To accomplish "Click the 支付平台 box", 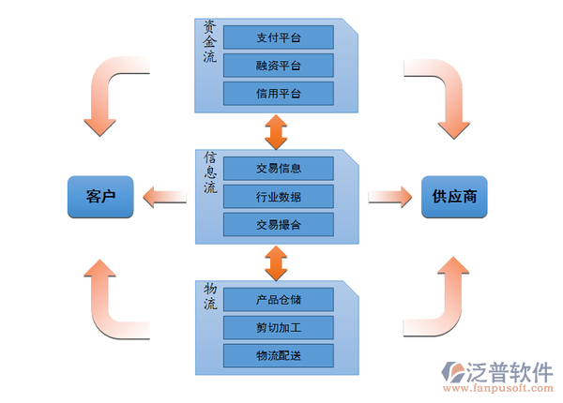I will tap(279, 37).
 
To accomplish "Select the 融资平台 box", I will tap(279, 66).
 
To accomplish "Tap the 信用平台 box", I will tap(279, 94).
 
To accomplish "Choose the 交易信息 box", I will tap(279, 169).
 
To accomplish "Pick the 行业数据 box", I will tap(279, 197).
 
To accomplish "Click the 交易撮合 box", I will tap(279, 225).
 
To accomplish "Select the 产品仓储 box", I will tap(279, 299).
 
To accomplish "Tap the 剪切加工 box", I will tap(279, 327).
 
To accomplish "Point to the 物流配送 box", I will tap(279, 355).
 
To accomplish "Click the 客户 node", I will tap(99, 197).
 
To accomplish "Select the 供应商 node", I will tap(453, 197).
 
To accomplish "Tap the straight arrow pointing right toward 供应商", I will tap(390, 197).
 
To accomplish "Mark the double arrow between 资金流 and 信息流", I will tap(275, 131).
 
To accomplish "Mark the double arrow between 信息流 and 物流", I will tap(275, 262).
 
